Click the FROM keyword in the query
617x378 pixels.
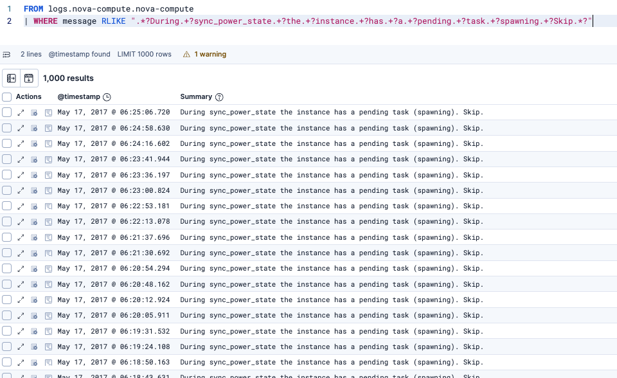(x=33, y=10)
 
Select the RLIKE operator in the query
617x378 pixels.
(x=112, y=21)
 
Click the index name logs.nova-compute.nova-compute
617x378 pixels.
(x=121, y=10)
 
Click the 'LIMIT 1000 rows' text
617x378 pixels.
(x=144, y=55)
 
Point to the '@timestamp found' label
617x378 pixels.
(x=79, y=55)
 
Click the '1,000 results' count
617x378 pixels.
(x=68, y=78)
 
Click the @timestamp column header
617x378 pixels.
(x=78, y=97)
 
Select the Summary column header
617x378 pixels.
(x=196, y=97)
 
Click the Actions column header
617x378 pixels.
(x=29, y=97)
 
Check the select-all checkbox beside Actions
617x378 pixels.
(x=7, y=97)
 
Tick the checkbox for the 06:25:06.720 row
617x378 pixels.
(x=7, y=113)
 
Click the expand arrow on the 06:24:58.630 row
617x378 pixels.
(x=21, y=128)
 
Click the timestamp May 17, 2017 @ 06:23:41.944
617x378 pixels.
(x=114, y=159)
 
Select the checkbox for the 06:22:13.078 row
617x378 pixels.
(x=7, y=222)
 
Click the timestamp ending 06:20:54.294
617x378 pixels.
(x=114, y=269)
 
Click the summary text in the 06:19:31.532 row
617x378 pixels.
(x=332, y=331)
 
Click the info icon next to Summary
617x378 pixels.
(x=219, y=97)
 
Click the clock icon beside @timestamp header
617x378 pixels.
(x=107, y=97)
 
